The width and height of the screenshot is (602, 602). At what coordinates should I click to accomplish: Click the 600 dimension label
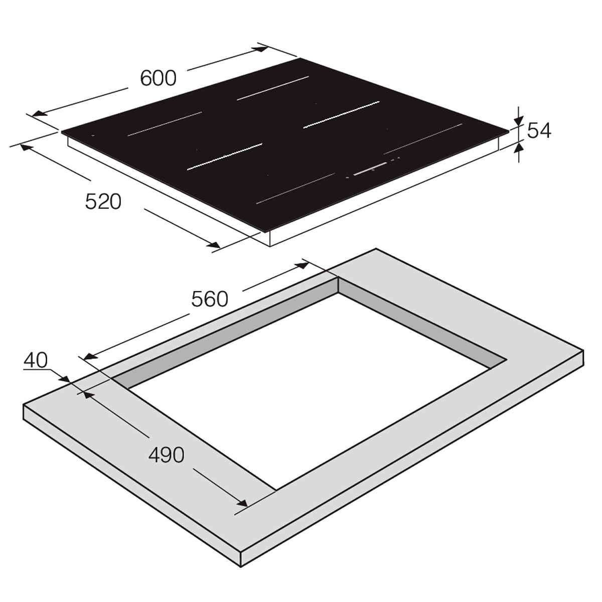coord(159,78)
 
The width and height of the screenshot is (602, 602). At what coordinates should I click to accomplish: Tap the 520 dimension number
coord(103,201)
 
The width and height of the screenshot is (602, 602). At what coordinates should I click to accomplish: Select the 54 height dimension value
coord(539,130)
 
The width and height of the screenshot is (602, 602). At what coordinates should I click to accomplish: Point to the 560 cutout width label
coord(210,298)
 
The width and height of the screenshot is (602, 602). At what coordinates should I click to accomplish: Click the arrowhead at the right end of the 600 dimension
coord(261,49)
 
